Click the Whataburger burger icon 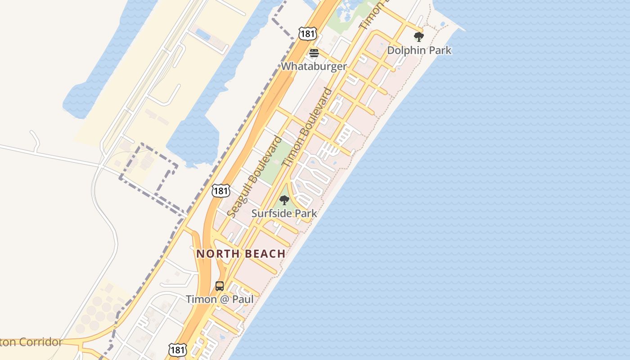[x=314, y=53]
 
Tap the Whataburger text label [x=314, y=66]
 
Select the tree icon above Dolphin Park [x=419, y=37]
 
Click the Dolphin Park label [x=419, y=50]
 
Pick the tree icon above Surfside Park [x=284, y=200]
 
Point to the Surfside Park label [x=284, y=213]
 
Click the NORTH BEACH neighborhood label [x=241, y=254]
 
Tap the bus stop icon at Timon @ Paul [x=220, y=286]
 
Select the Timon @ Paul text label [x=220, y=299]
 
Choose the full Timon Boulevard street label [x=309, y=127]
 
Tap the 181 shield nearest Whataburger [x=307, y=33]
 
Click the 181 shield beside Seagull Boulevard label [x=221, y=191]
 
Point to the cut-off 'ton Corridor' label [x=31, y=342]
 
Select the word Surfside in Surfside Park [x=272, y=213]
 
